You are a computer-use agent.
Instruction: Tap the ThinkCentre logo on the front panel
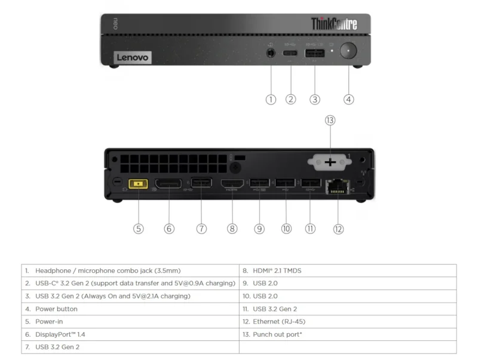click(x=334, y=24)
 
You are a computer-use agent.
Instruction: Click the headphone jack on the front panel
click(x=271, y=53)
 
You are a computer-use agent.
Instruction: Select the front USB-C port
click(x=291, y=53)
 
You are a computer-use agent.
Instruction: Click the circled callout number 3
click(x=315, y=99)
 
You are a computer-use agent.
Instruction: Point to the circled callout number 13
click(x=330, y=120)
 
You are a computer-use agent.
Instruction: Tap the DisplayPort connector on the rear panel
click(x=169, y=184)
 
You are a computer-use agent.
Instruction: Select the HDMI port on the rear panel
click(x=232, y=184)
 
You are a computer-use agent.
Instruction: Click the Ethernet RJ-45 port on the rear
click(x=337, y=186)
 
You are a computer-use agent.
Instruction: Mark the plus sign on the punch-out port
click(x=329, y=162)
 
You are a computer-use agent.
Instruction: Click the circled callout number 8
click(x=232, y=228)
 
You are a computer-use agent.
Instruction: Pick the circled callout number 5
click(x=139, y=228)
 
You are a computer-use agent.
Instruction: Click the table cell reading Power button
click(x=130, y=309)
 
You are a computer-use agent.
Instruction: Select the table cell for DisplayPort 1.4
click(x=130, y=334)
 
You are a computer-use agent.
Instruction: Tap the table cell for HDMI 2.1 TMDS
click(x=347, y=270)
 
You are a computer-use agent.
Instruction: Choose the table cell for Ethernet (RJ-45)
click(x=347, y=321)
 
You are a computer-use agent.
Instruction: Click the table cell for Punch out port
click(x=347, y=334)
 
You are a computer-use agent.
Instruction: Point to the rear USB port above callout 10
click(x=284, y=183)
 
